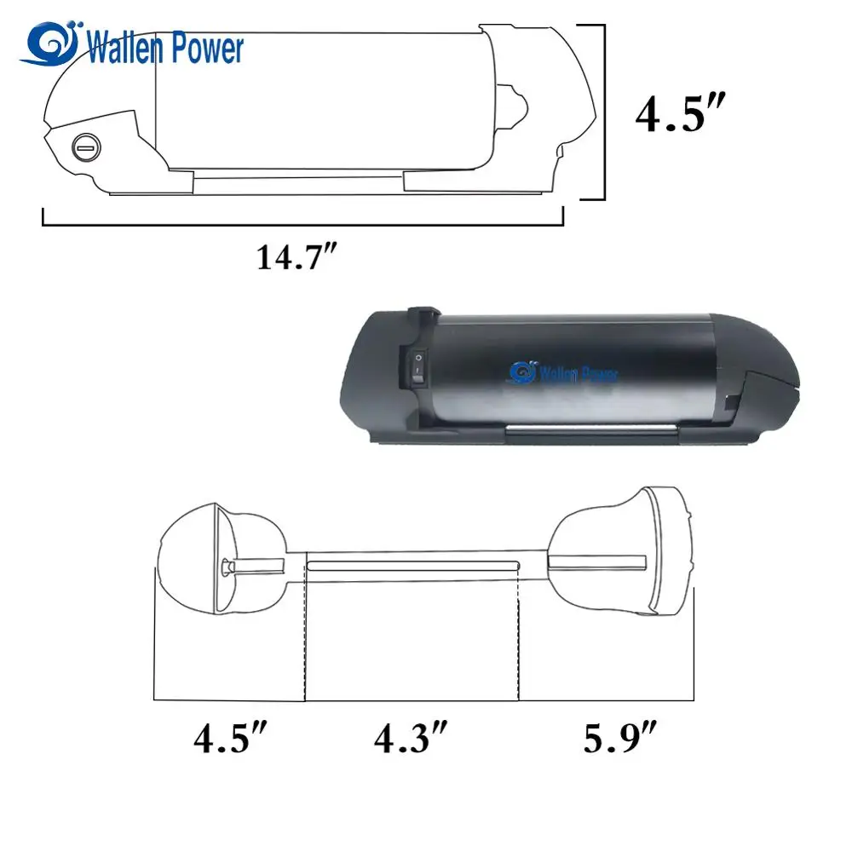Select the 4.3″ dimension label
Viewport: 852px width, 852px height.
411,739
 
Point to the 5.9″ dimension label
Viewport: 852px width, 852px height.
619,739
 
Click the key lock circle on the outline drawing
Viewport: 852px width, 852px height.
85,146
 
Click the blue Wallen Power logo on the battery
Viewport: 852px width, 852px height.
564,372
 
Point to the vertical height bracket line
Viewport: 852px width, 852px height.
604,112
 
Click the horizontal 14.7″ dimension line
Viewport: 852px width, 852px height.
302,226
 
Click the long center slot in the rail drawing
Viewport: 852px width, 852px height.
412,565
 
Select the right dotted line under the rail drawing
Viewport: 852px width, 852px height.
519,639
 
